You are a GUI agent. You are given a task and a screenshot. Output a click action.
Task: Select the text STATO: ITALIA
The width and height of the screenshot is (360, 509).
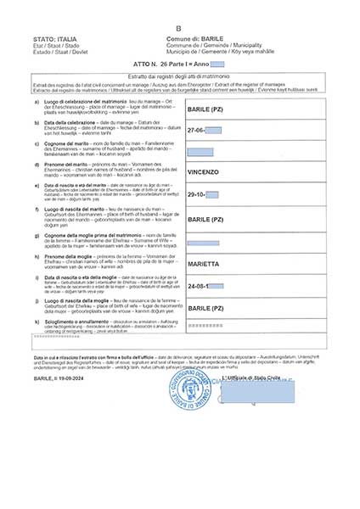tap(55, 40)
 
